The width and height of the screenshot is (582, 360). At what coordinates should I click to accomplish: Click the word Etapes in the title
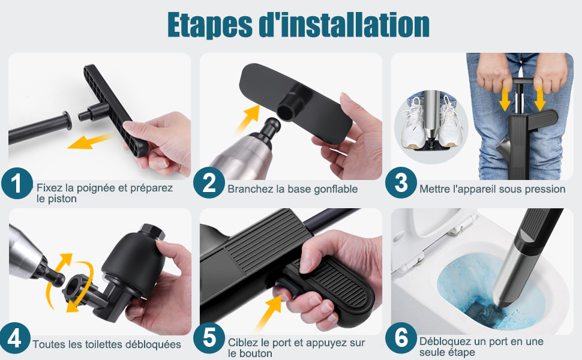click(210, 25)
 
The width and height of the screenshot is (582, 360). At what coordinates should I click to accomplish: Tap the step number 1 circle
click(17, 183)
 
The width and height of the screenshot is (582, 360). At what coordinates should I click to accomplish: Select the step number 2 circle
click(209, 183)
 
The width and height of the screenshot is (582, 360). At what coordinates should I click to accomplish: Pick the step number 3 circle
click(400, 182)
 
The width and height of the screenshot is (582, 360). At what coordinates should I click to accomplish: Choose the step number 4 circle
click(15, 338)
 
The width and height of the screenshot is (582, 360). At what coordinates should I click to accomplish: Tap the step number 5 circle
click(209, 338)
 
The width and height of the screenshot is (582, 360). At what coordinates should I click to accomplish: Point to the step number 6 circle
click(400, 338)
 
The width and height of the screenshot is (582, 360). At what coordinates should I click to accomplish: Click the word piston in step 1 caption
click(61, 199)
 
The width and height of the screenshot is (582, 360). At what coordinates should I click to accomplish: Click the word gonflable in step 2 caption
click(335, 189)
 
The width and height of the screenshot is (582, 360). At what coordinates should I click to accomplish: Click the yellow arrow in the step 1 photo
click(91, 142)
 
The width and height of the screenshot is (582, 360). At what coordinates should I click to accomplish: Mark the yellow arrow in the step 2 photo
click(248, 118)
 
